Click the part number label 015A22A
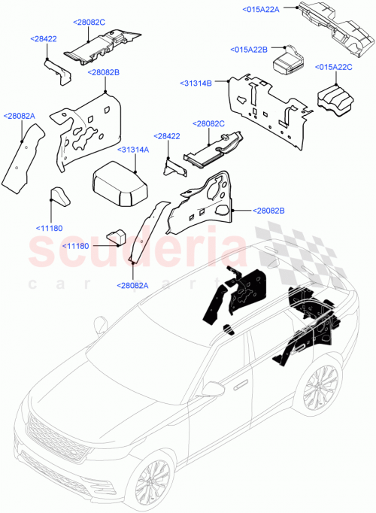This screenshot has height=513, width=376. [261, 9]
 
